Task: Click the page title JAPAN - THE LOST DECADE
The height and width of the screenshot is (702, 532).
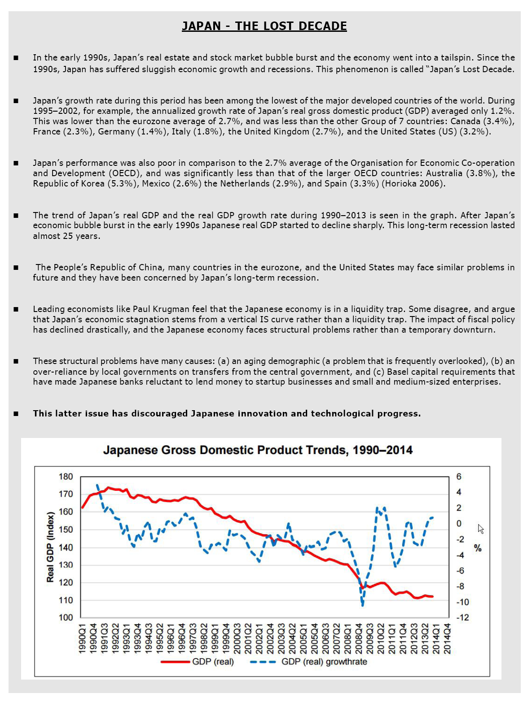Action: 264,26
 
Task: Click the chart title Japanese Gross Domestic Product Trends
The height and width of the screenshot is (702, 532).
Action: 258,450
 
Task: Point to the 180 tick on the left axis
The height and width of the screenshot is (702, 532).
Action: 66,477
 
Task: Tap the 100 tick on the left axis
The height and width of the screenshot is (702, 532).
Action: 66,617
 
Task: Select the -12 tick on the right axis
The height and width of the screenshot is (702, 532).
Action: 462,617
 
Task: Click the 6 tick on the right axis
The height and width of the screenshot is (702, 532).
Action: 459,477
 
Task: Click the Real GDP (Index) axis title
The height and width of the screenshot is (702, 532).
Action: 50,547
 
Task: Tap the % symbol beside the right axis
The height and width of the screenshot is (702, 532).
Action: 478,548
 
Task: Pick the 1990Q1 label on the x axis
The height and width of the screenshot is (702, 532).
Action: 83,638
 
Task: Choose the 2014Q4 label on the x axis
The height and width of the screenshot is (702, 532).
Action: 447,638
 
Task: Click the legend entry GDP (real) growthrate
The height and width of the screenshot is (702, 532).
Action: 324,662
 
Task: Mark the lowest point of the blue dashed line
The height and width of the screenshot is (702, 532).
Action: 362,605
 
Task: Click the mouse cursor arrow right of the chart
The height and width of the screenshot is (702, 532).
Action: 480,529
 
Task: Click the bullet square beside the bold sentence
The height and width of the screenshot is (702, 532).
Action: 16,414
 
